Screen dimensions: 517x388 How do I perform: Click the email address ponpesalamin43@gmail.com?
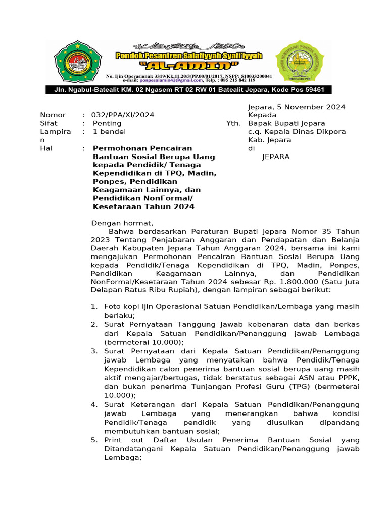click(x=172, y=80)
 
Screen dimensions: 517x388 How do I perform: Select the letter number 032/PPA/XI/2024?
click(x=123, y=115)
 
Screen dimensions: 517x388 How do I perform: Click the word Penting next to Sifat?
click(x=107, y=123)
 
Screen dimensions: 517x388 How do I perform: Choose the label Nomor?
click(x=53, y=115)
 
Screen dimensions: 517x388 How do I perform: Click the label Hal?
click(x=46, y=148)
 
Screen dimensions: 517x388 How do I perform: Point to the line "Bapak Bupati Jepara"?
click(x=286, y=123)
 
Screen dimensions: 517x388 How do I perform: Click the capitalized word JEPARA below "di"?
click(x=276, y=157)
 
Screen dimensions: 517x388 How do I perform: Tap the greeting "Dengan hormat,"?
click(x=121, y=223)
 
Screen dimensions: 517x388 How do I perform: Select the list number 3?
click(x=94, y=351)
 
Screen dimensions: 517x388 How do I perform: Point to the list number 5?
click(x=94, y=440)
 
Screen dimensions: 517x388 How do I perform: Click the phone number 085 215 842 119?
click(x=237, y=80)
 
